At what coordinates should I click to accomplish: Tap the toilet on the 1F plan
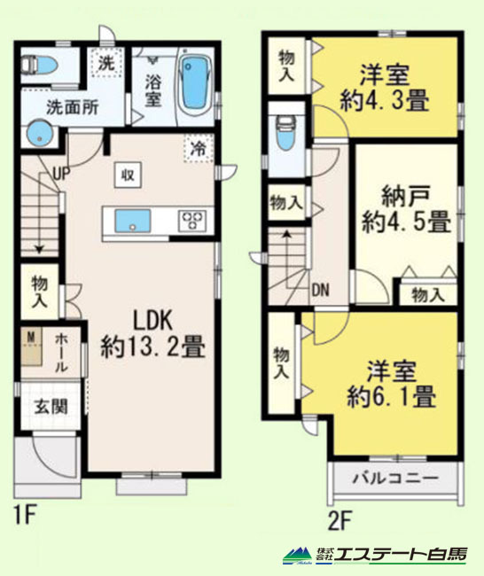click(x=39, y=66)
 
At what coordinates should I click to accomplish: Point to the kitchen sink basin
click(x=133, y=221)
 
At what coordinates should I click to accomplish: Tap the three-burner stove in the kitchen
click(x=192, y=221)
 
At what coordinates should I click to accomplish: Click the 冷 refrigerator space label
click(x=199, y=148)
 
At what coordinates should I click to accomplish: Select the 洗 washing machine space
click(x=106, y=62)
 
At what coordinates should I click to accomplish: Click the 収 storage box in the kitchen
click(x=128, y=175)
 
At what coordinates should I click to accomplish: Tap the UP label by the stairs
click(x=61, y=173)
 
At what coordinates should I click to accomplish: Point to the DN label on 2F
click(x=321, y=290)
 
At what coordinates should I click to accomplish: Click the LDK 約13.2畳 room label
click(x=152, y=334)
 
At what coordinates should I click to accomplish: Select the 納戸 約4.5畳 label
click(x=407, y=209)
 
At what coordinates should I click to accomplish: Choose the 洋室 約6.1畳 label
click(x=392, y=384)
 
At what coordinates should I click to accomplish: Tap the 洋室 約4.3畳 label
click(x=385, y=88)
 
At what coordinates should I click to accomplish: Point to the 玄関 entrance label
click(x=51, y=407)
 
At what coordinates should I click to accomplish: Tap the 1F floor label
click(x=25, y=516)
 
